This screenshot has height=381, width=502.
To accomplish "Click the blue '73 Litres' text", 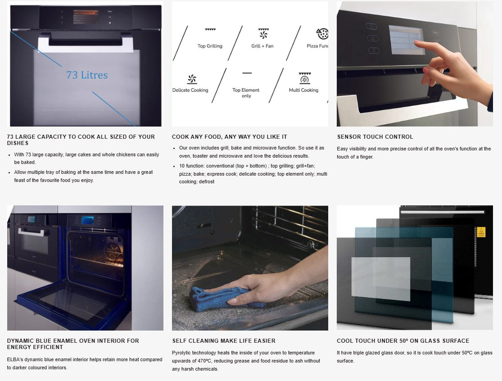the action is [87, 75].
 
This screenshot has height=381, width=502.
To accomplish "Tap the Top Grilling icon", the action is [210, 29].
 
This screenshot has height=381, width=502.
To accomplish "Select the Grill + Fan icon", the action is [263, 33].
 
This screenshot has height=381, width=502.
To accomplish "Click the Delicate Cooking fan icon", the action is [192, 79].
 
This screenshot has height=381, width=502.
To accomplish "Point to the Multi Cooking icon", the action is [305, 78].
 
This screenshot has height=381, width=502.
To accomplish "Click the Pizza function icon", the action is [322, 34].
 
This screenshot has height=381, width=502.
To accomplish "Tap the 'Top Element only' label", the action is [246, 93].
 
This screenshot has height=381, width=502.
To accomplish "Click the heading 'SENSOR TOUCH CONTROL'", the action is [375, 137].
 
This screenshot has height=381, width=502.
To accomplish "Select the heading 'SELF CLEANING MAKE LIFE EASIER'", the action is [224, 340].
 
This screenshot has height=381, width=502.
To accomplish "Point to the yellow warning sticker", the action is [481, 232].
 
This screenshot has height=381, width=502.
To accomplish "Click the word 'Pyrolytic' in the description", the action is [182, 353].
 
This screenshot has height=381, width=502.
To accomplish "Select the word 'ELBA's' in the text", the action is [15, 359].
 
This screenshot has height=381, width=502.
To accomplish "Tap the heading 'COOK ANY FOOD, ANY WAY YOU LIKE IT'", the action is [229, 137].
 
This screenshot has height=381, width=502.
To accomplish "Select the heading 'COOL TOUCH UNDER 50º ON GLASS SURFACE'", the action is [403, 340].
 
